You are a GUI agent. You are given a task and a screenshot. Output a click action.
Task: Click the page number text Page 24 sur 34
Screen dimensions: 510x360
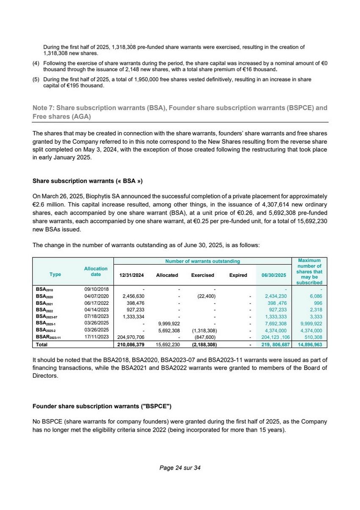click(x=180, y=468)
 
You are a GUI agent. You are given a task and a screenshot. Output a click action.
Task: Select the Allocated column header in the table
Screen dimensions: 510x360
click(x=167, y=275)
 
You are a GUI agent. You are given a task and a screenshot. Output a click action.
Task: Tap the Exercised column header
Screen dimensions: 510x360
click(x=202, y=275)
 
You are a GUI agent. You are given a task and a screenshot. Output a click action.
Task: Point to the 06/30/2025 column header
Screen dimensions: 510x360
click(x=274, y=275)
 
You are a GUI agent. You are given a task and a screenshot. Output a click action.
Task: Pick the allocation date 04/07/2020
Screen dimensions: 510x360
click(x=97, y=295)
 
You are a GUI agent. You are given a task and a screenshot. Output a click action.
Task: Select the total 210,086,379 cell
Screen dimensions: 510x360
click(x=130, y=345)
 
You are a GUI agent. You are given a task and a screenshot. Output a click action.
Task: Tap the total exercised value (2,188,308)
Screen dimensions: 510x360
click(x=204, y=345)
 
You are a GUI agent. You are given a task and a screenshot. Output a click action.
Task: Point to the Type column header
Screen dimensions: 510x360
click(x=55, y=274)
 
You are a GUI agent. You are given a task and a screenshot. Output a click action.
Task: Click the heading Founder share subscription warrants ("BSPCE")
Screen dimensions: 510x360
click(x=102, y=406)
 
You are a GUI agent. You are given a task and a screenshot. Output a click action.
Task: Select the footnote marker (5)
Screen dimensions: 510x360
click(x=36, y=79)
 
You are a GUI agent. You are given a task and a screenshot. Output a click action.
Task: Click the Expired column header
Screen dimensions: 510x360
click(x=238, y=275)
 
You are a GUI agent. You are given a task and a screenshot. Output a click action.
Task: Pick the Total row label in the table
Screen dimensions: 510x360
click(x=42, y=345)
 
